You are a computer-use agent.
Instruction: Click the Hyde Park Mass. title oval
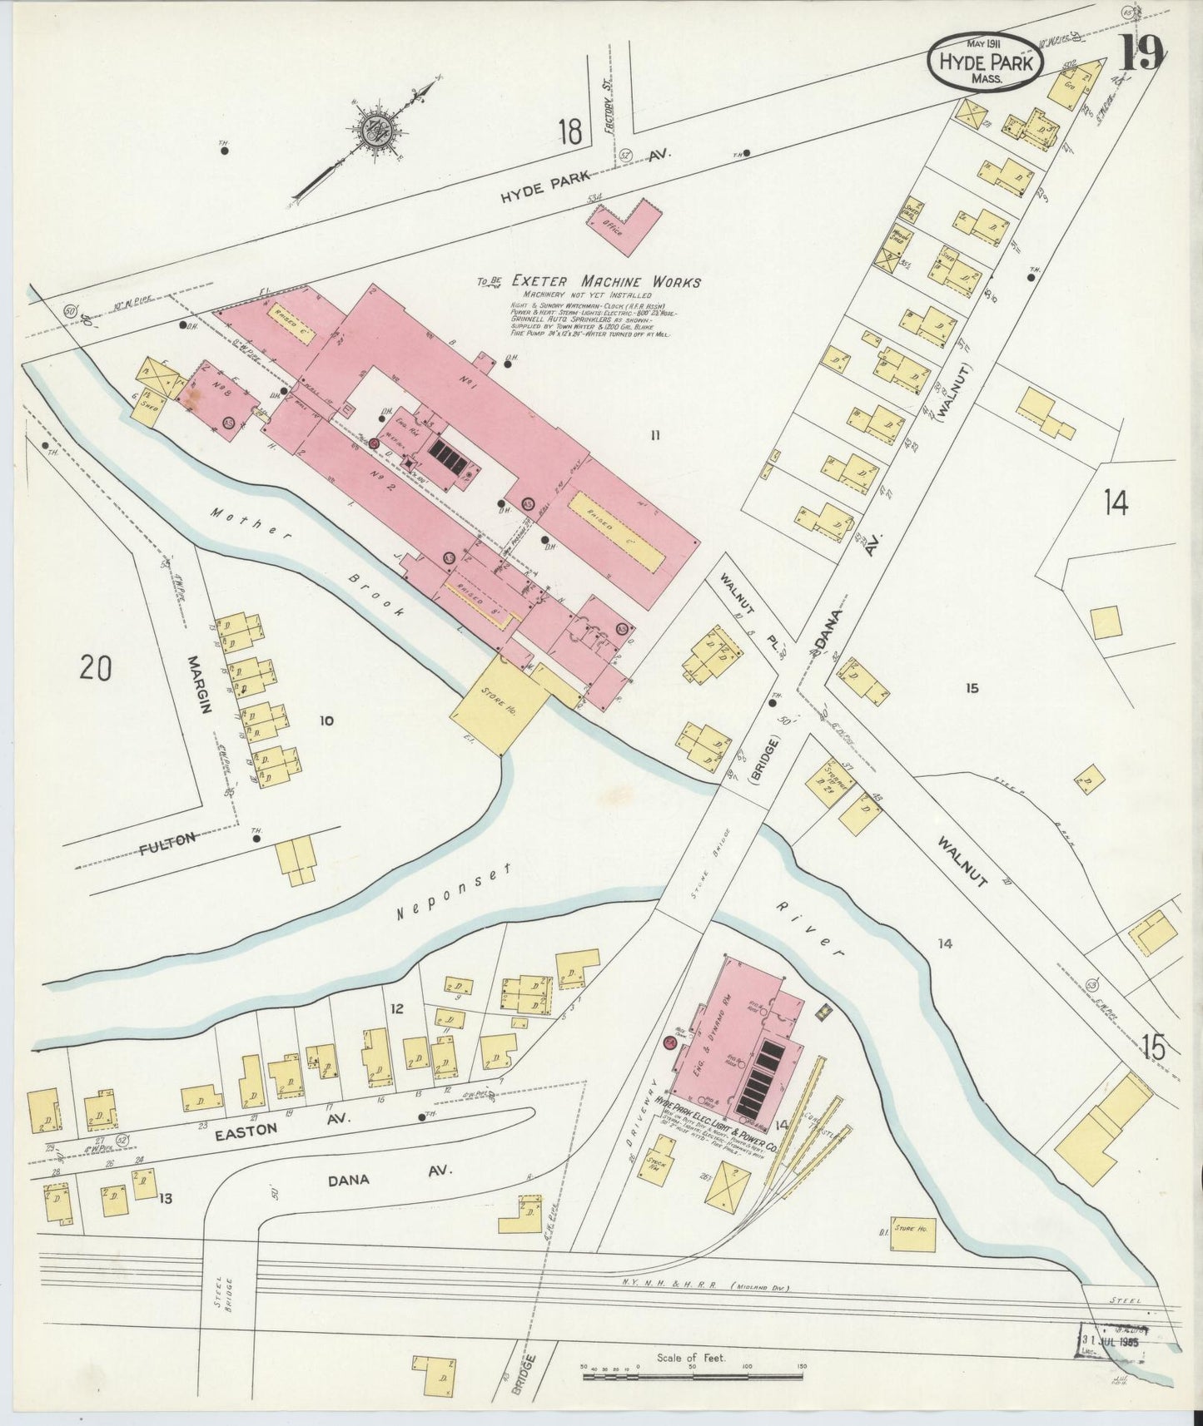(984, 61)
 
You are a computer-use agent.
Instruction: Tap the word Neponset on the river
(450, 891)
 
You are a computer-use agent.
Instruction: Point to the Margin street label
(198, 684)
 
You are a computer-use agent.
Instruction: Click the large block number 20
(96, 668)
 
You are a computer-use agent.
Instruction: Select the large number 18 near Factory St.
(570, 131)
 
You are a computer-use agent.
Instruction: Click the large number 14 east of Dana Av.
(1116, 503)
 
